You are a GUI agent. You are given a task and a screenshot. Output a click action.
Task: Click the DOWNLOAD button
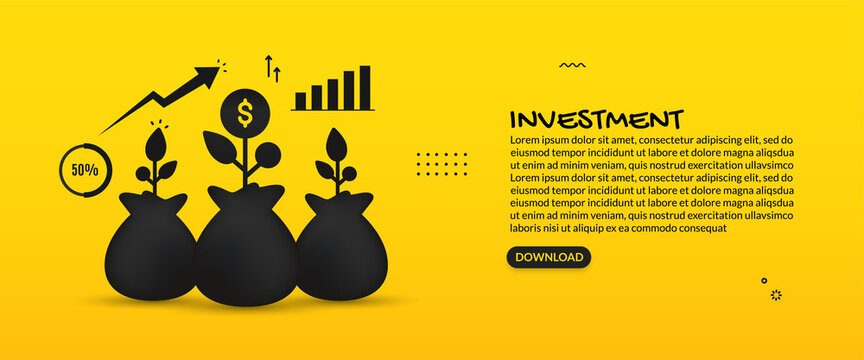point(548,257)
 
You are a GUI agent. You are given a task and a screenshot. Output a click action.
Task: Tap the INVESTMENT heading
point(596,119)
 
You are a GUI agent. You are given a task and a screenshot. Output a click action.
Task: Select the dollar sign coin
point(244,111)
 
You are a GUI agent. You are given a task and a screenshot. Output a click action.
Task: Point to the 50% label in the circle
point(84,170)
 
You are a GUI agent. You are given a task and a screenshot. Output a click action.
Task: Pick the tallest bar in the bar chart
point(364,87)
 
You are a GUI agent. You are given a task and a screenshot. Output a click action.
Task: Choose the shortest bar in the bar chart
point(300,101)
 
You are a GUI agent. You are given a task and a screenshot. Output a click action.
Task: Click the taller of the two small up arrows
point(268,66)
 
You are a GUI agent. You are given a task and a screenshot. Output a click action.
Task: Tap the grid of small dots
point(441,164)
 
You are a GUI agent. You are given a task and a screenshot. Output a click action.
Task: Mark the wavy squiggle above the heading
point(572,66)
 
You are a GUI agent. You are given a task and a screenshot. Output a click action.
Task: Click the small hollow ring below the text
point(764,281)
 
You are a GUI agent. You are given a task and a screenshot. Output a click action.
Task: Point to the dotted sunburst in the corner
point(776,295)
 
